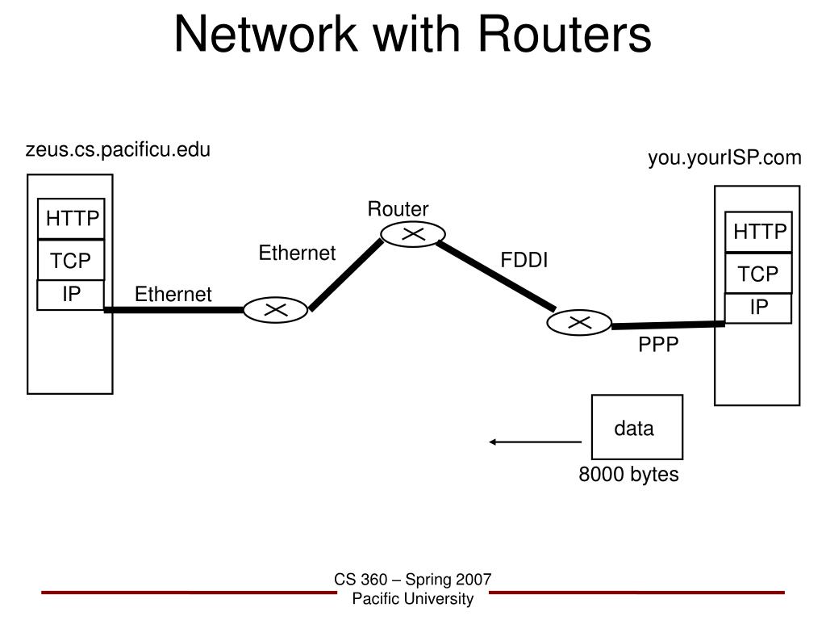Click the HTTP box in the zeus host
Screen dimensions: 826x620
point(71,218)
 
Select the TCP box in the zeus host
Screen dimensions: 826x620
point(71,261)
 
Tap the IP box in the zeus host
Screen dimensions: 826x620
point(71,295)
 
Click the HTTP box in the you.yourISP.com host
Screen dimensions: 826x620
point(758,232)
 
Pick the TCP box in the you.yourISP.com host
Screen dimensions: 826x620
point(758,274)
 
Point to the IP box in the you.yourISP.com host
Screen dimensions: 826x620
point(758,308)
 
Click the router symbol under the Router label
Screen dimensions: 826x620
point(413,234)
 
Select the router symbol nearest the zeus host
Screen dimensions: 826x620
point(275,310)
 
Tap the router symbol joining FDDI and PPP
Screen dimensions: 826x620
point(579,322)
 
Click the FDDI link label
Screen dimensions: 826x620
point(524,260)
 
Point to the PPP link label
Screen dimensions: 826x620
point(658,344)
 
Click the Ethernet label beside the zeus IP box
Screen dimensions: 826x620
point(173,294)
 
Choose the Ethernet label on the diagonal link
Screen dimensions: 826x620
point(297,253)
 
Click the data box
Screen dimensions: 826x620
point(637,427)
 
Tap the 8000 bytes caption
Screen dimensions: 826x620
point(628,475)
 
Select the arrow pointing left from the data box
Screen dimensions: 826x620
point(536,442)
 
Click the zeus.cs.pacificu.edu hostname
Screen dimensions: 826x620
point(118,149)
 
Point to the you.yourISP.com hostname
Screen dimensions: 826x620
point(725,157)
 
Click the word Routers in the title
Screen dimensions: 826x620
point(565,34)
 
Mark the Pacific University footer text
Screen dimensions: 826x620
point(413,599)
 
